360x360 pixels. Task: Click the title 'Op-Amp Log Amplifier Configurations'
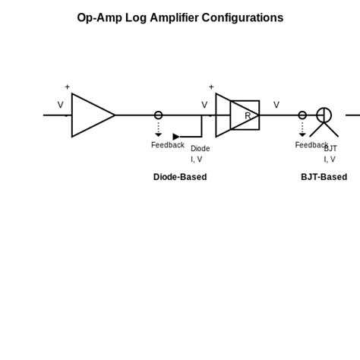(x=180, y=17)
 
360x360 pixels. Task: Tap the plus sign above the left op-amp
(x=67, y=87)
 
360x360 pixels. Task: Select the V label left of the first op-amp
(x=61, y=105)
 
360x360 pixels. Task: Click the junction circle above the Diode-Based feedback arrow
(x=158, y=115)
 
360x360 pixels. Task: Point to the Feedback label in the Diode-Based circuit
(x=167, y=145)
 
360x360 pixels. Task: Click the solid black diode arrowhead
(x=176, y=137)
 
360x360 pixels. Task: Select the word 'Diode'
(x=200, y=149)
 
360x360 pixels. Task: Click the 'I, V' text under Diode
(x=196, y=159)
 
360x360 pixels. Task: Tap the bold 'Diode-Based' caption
(x=180, y=177)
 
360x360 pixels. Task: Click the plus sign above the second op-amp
(x=211, y=87)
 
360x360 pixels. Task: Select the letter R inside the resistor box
(x=248, y=116)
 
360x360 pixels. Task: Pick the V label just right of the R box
(x=276, y=105)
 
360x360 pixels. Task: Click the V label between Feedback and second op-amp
(x=204, y=105)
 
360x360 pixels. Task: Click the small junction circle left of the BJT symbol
(x=302, y=115)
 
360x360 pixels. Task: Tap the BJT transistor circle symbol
(x=324, y=115)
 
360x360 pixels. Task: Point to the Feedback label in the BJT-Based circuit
(x=311, y=145)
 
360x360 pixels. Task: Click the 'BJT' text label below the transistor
(x=330, y=149)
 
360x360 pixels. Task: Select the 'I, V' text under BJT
(x=329, y=159)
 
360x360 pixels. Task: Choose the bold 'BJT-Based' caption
(x=324, y=177)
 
